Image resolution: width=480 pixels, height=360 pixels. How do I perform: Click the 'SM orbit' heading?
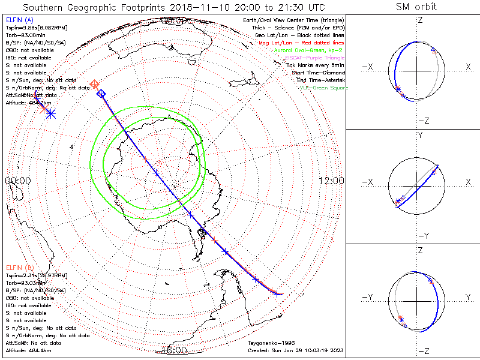click(416, 7)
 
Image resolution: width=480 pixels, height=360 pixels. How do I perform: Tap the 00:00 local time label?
click(17, 181)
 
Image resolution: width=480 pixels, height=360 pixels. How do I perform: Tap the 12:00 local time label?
click(331, 181)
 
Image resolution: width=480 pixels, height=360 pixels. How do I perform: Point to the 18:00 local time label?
click(174, 350)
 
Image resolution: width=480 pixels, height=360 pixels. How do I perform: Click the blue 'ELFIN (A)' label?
click(19, 20)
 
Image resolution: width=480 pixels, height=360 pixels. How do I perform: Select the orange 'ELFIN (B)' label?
click(19, 267)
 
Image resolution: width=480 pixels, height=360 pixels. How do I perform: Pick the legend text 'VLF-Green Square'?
click(323, 88)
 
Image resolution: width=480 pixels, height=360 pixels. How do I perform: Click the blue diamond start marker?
click(101, 94)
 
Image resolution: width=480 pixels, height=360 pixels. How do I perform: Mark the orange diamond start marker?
click(94, 85)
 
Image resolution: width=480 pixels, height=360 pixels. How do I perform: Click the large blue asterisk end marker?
click(50, 112)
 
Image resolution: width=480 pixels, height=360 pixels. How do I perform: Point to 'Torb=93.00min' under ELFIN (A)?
click(25, 35)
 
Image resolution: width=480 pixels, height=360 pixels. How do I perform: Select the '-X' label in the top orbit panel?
click(368, 66)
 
